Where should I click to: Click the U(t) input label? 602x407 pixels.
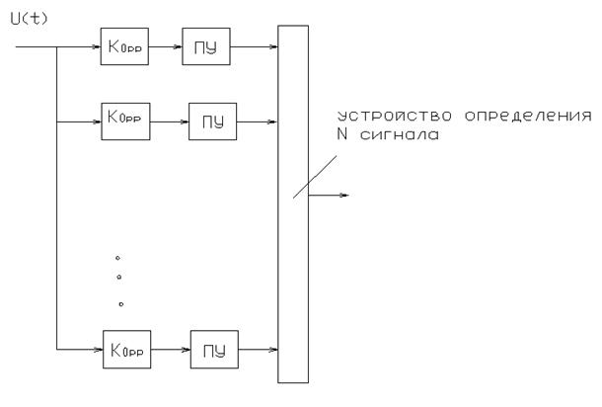point(22,17)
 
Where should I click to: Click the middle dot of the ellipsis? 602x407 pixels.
point(118,278)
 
